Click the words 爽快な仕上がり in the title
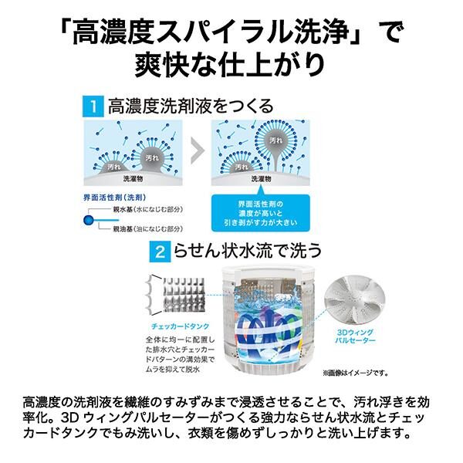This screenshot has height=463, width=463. (x=231, y=63)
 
